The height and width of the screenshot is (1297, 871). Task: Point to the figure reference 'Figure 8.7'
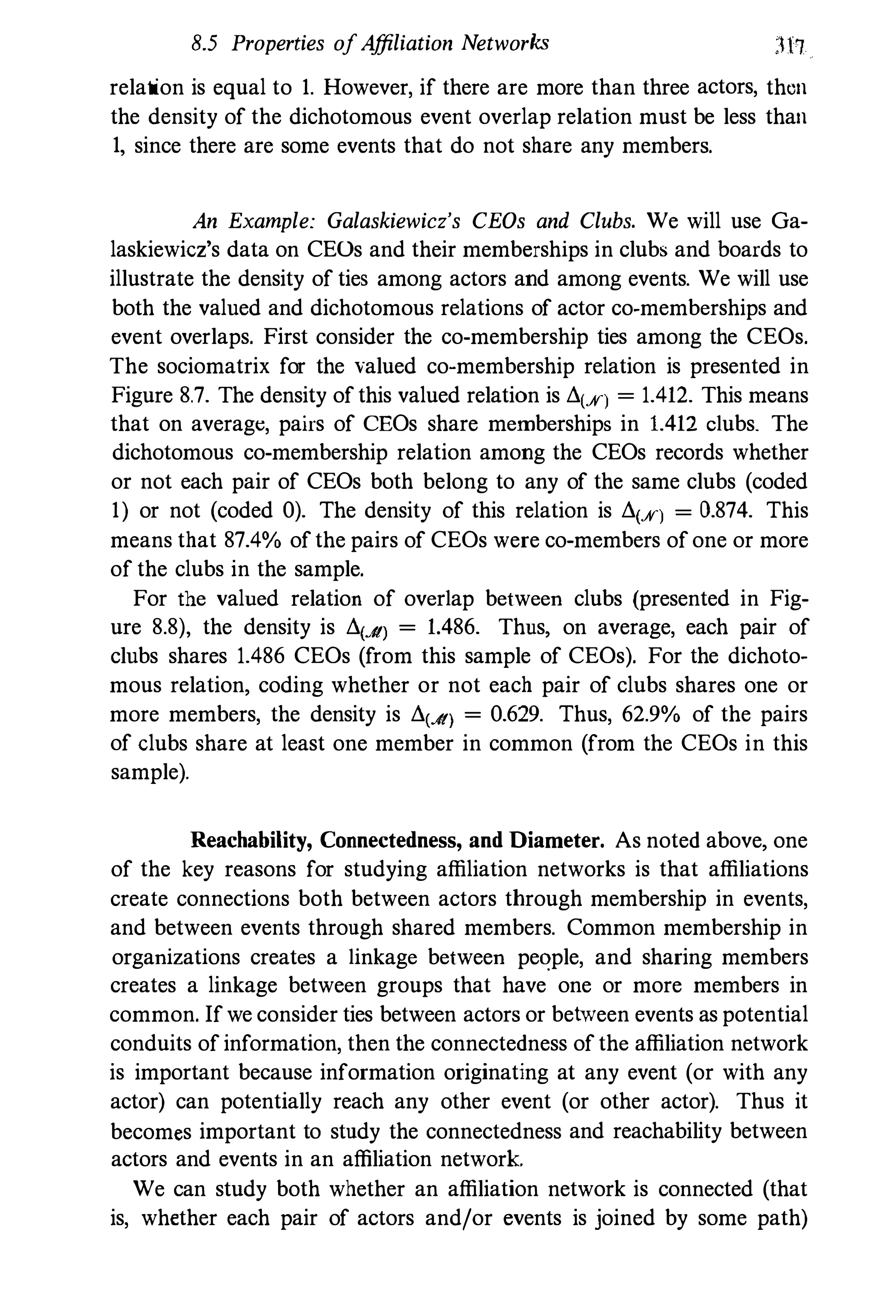click(162, 395)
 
